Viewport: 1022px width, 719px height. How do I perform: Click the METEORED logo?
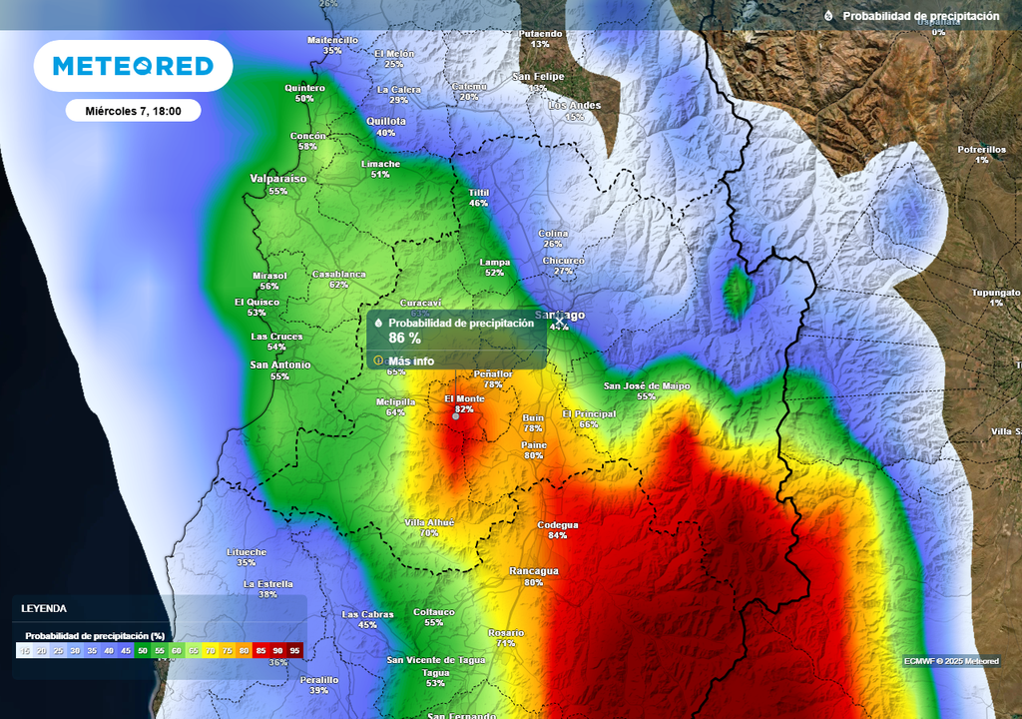pos(133,66)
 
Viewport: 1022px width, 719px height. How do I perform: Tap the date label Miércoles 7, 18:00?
pos(133,111)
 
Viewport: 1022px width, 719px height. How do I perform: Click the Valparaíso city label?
pos(278,179)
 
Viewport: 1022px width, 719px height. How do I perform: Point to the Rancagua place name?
pos(534,570)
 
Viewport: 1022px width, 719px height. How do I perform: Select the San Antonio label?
pos(279,364)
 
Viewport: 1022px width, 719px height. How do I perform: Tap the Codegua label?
pos(558,524)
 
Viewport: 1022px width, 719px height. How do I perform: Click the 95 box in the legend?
pos(294,650)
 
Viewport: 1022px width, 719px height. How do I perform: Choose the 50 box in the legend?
pos(143,650)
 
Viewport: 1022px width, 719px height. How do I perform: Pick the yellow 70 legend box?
pos(211,650)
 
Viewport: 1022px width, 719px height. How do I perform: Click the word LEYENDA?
pos(45,608)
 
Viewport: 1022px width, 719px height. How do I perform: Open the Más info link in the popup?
pos(411,360)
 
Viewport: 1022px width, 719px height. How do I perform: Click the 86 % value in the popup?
pos(404,339)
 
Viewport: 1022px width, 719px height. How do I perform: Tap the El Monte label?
pos(464,398)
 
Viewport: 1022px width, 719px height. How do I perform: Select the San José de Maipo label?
pos(647,385)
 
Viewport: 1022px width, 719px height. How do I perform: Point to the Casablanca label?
pos(339,274)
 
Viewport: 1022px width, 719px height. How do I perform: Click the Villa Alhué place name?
pos(429,522)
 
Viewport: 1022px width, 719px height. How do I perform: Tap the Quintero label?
pos(304,87)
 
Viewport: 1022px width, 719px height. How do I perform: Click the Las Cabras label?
pos(367,614)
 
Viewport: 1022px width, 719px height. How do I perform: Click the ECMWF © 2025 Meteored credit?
pos(951,661)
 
